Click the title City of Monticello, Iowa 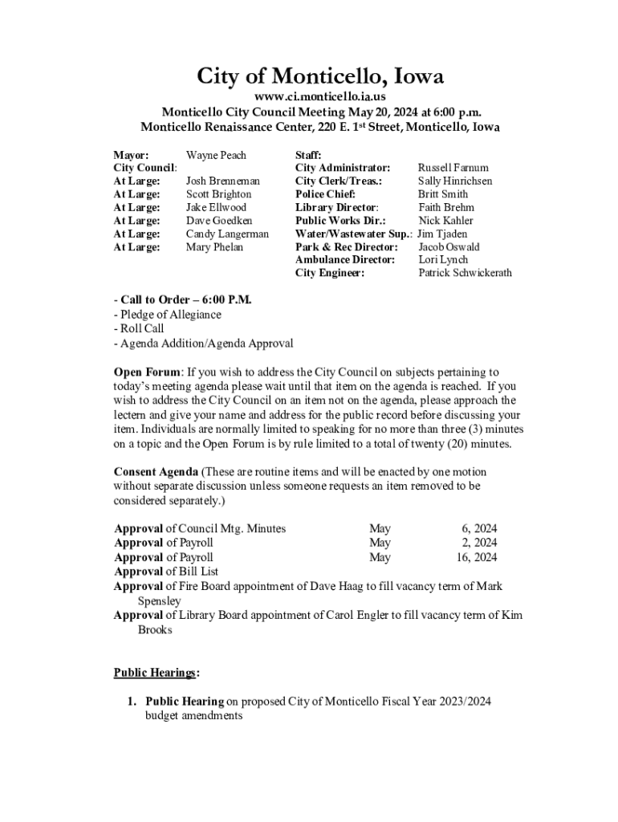pyautogui.click(x=320, y=77)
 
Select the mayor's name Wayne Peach pyautogui.click(x=216, y=155)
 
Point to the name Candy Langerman pyautogui.click(x=227, y=234)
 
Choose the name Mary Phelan pyautogui.click(x=215, y=247)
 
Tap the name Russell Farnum pyautogui.click(x=453, y=168)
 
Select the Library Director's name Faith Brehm pyautogui.click(x=446, y=207)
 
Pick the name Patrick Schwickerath pyautogui.click(x=465, y=273)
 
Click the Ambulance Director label pyautogui.click(x=345, y=259)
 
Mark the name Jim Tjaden pyautogui.click(x=441, y=234)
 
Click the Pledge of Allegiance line pyautogui.click(x=168, y=315)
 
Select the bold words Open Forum pyautogui.click(x=148, y=372)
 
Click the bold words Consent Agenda pyautogui.click(x=157, y=472)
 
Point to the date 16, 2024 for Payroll pyautogui.click(x=477, y=557)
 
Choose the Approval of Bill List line pyautogui.click(x=166, y=572)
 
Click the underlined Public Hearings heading pyautogui.click(x=157, y=672)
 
